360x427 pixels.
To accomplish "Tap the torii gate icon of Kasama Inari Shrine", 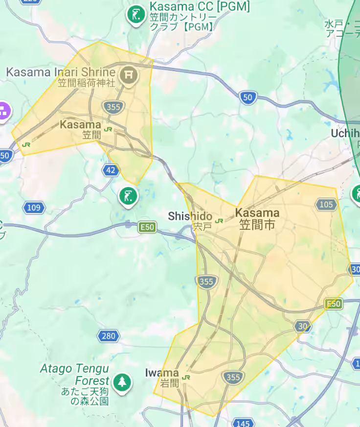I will click(x=129, y=75).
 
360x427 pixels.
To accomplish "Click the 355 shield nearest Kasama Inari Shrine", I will click(x=113, y=107).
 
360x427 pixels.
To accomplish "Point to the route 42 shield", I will click(x=111, y=170).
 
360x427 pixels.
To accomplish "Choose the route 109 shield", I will click(x=34, y=208).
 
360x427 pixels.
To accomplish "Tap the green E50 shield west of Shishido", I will click(x=147, y=227).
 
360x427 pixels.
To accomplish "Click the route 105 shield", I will click(x=326, y=204).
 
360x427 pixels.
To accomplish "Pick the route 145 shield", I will click(x=243, y=423).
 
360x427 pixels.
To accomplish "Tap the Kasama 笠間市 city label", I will click(x=257, y=218).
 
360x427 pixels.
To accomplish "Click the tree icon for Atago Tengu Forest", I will click(x=122, y=381).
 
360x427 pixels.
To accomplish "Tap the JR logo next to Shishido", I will click(x=219, y=221).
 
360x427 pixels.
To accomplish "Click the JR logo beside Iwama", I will click(x=186, y=378).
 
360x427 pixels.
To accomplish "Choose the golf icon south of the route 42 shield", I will click(x=128, y=197).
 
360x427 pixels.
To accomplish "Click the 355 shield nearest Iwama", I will click(x=233, y=377).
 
